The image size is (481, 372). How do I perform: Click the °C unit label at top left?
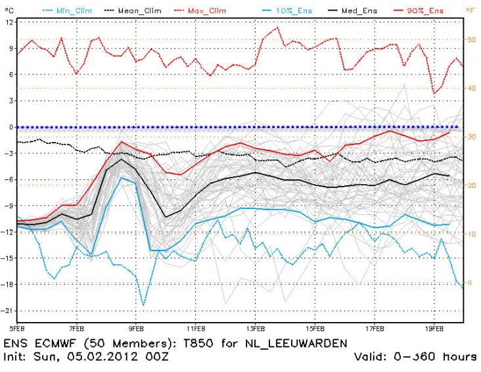click(x=7, y=11)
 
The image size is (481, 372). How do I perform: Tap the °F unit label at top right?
click(x=470, y=11)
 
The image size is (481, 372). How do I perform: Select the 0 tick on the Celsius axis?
click(x=11, y=127)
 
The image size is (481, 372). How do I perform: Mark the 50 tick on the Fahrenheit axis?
click(x=470, y=39)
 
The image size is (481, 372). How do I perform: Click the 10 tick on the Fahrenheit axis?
click(x=470, y=233)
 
